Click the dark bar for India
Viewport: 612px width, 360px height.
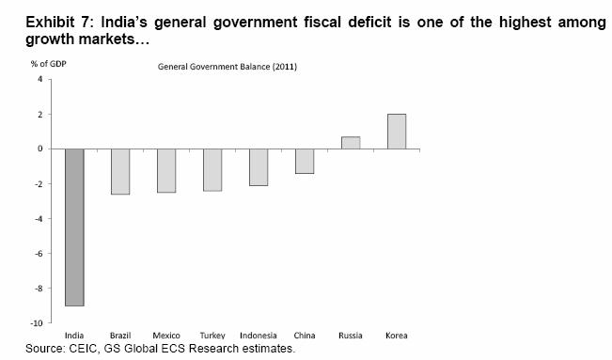tap(73, 227)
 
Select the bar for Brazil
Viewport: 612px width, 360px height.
tap(119, 171)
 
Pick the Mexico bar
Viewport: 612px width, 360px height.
tap(165, 170)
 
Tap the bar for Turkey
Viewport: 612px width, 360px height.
tap(212, 169)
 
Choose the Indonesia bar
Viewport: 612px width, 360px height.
tap(259, 166)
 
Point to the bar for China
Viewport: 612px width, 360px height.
tap(304, 161)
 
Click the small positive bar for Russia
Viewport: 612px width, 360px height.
tap(351, 143)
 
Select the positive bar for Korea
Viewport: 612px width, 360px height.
tap(397, 132)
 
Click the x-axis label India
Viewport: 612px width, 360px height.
tap(73, 336)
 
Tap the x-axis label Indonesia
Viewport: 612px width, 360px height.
tap(259, 336)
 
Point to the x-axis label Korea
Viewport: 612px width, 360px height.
tap(397, 336)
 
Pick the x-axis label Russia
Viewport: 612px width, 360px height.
tap(351, 336)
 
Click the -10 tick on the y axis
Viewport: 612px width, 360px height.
tap(38, 322)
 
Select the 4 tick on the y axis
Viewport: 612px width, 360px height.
tap(40, 79)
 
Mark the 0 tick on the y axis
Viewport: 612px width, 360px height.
tap(40, 149)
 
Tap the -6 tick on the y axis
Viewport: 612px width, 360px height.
tap(39, 253)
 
